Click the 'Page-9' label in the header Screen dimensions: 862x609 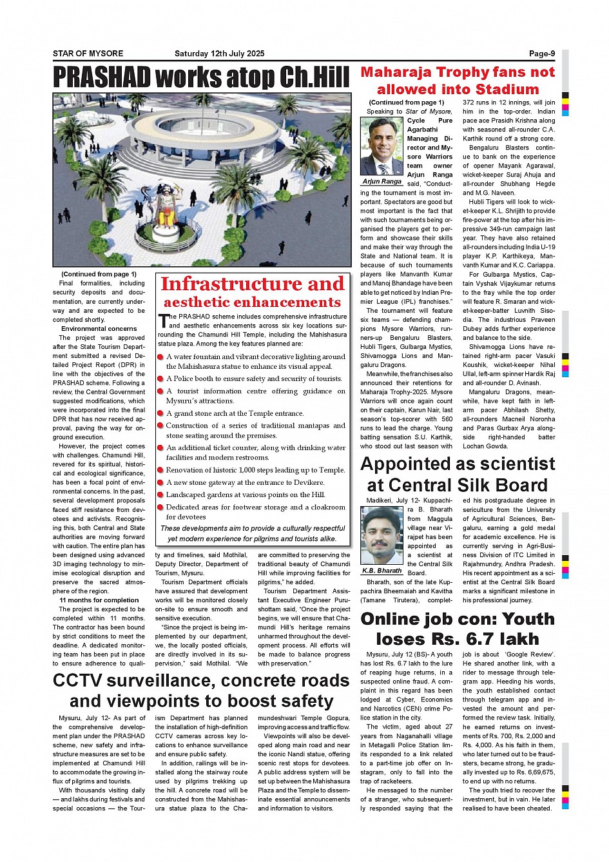pyautogui.click(x=541, y=54)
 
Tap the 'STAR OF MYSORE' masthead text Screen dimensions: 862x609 pyautogui.click(x=88, y=54)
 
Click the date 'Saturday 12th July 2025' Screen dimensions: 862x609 pyautogui.click(x=219, y=54)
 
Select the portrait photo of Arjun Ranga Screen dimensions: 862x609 pyautogui.click(x=382, y=146)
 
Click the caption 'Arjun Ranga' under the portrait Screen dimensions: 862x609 pyautogui.click(x=382, y=182)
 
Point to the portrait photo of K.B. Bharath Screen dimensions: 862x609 pyautogui.click(x=382, y=536)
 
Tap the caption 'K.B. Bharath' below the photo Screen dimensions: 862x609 pyautogui.click(x=382, y=571)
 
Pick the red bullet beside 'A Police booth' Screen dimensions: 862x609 pyautogui.click(x=161, y=379)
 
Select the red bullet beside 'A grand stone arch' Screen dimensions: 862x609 pyautogui.click(x=161, y=414)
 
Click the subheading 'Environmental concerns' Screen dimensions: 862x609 pyautogui.click(x=99, y=329)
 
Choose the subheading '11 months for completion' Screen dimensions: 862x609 pyautogui.click(x=99, y=600)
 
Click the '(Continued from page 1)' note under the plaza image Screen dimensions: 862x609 pyautogui.click(x=99, y=274)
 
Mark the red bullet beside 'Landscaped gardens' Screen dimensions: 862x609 pyautogui.click(x=161, y=495)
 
